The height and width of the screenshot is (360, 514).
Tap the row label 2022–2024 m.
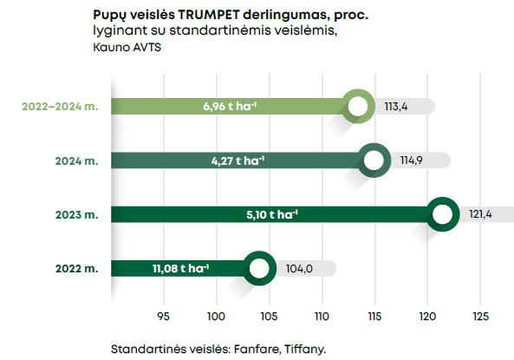point(60,107)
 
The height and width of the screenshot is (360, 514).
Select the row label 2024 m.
point(81,160)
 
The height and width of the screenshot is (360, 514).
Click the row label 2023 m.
point(81,214)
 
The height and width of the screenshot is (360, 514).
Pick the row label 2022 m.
point(81,268)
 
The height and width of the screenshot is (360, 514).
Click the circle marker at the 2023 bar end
point(442,213)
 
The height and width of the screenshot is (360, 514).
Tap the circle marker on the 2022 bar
point(258,268)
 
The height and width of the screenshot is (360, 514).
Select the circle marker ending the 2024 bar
point(374,160)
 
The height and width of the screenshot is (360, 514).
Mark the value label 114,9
point(407,160)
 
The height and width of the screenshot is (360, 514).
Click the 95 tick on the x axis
point(163,315)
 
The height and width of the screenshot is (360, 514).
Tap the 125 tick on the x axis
point(479,315)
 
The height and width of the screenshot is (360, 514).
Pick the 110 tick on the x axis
point(322,315)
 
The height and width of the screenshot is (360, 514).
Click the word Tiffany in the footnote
point(296,349)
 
